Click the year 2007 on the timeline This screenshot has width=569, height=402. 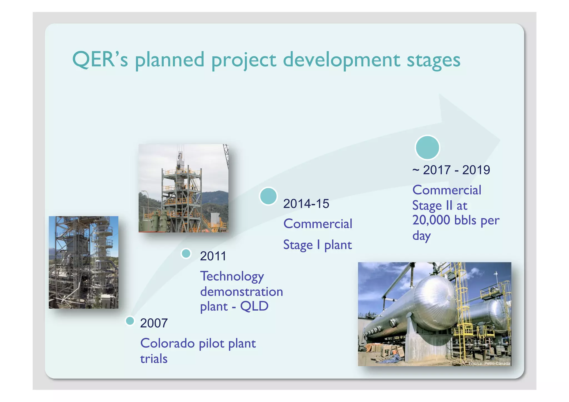[x=154, y=323]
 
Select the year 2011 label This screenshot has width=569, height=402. [x=213, y=256]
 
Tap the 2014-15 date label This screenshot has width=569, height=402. [x=306, y=204]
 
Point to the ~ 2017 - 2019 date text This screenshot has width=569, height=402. [x=451, y=170]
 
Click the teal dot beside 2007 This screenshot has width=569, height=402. [x=130, y=321]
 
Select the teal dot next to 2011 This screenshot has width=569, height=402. [x=186, y=253]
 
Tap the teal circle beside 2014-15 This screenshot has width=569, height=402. [x=268, y=196]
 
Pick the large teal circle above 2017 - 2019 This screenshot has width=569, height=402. [x=427, y=147]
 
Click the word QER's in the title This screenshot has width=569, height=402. [x=100, y=59]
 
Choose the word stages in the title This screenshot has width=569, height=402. [x=433, y=61]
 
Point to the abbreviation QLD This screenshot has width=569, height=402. [x=254, y=306]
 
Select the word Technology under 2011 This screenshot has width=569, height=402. [x=232, y=276]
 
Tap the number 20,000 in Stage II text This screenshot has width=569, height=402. [x=431, y=220]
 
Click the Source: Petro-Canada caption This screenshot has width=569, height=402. [x=489, y=363]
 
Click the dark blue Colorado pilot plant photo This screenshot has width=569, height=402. [x=83, y=262]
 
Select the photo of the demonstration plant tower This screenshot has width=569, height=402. [x=183, y=188]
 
